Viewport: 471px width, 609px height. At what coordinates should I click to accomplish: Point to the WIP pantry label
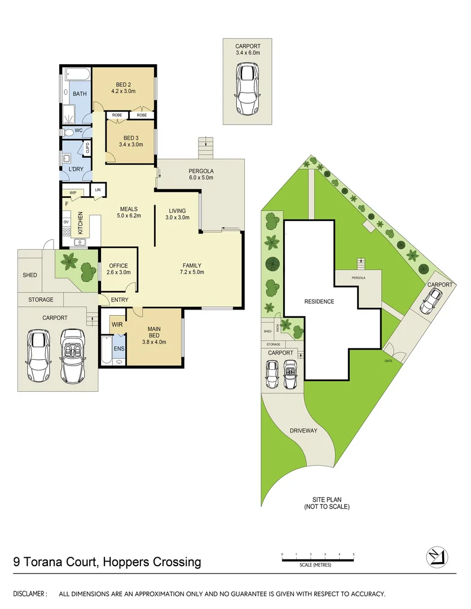click(x=73, y=192)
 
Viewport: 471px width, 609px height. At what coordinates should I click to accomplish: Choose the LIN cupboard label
click(x=99, y=190)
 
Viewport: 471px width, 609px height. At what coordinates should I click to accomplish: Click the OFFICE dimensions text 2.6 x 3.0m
click(x=118, y=272)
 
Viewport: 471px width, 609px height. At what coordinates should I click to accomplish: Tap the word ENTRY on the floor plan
click(x=120, y=300)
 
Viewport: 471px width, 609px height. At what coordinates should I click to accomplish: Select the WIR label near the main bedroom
click(x=117, y=325)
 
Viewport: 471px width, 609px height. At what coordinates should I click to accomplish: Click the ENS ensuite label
click(x=119, y=348)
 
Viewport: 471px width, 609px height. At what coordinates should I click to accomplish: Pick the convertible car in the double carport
click(x=72, y=355)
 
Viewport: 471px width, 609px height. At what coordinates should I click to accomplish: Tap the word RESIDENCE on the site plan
click(x=319, y=302)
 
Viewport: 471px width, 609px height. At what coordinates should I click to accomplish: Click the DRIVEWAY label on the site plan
click(x=303, y=431)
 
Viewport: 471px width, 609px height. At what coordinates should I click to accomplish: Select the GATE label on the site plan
click(x=388, y=360)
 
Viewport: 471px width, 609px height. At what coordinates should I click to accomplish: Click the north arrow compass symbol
click(x=437, y=557)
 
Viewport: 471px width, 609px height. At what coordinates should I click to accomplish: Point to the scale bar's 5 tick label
click(x=354, y=555)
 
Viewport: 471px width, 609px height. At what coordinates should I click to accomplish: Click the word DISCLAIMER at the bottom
click(x=30, y=594)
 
